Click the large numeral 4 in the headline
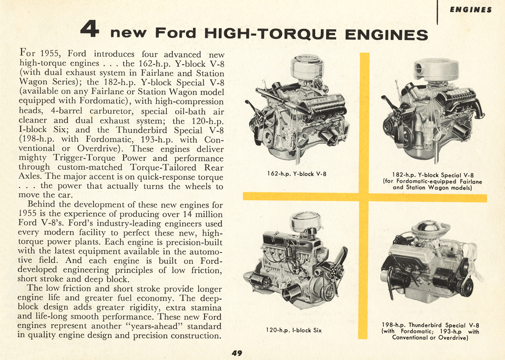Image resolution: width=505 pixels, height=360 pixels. tap(90, 30)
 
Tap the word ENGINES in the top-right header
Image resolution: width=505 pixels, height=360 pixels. tap(471, 9)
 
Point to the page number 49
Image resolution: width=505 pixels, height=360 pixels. tap(236, 353)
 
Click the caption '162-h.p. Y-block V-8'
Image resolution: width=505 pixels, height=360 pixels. tap(297, 174)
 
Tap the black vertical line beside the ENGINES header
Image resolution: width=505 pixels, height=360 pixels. tap(438, 12)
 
